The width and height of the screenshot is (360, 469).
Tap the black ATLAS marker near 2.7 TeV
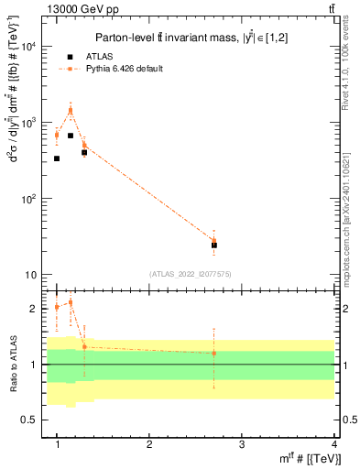point(214,245)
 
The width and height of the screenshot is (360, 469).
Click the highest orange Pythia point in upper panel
point(71,110)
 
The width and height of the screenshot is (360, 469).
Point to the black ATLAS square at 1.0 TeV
point(57,158)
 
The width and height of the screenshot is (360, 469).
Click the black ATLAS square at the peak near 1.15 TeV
point(71,136)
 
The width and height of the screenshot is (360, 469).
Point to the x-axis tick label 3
point(242,444)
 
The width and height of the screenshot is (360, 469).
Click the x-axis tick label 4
point(333,444)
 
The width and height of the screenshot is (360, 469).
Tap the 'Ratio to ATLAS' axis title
point(13,365)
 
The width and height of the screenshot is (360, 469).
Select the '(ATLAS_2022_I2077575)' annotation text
point(191,274)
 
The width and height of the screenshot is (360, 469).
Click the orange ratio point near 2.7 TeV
point(214,353)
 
